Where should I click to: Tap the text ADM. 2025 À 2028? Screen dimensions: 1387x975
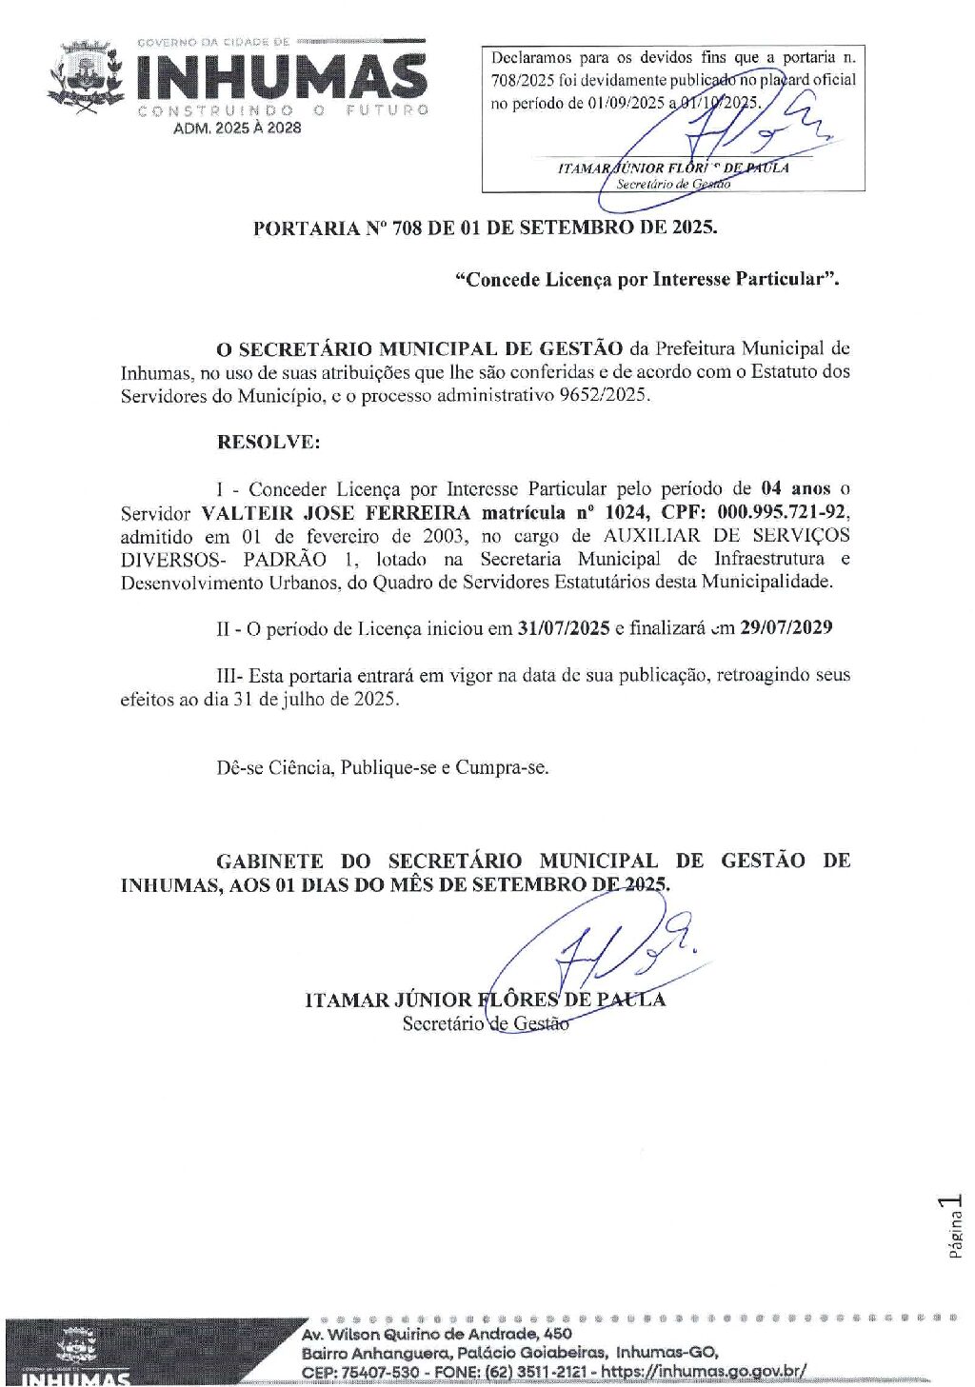236,129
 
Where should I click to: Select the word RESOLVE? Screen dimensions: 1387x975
269,443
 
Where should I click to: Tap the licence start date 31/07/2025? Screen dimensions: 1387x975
563,628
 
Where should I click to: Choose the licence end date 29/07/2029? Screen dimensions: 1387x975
786,628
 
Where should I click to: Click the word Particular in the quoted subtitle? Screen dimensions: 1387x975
783,280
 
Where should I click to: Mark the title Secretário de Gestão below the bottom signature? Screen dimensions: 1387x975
486,1024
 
